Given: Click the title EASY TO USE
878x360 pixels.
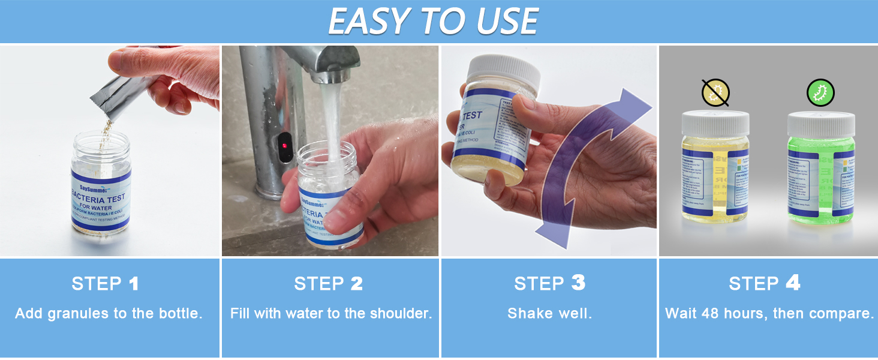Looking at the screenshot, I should coord(433,22).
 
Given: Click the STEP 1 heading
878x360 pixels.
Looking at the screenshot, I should coord(106,284).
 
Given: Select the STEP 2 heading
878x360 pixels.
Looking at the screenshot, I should coord(329,284).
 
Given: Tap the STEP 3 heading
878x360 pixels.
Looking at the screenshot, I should coord(549,284).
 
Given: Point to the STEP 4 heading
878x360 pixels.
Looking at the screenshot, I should coord(765,284).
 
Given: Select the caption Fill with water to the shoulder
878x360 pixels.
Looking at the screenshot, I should coord(331,314).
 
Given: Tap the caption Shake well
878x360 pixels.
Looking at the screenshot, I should coord(549,314).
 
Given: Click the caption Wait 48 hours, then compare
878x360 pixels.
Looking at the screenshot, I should coord(769,314).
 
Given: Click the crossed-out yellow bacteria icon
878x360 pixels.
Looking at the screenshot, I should coord(715,92).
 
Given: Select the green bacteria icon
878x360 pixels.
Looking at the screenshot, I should coord(820,92).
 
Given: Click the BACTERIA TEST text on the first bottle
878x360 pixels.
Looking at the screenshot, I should coord(100,198).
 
